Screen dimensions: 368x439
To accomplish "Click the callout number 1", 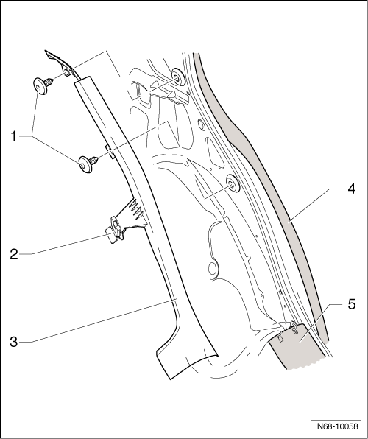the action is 14,136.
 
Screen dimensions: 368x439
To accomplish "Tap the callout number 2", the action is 14,254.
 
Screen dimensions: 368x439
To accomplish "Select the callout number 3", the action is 14,342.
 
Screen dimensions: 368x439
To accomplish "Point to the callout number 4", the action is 351,189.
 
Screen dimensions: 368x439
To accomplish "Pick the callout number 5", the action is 352,304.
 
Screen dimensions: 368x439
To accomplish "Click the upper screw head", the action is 39,86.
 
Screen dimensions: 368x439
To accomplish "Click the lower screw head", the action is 85,165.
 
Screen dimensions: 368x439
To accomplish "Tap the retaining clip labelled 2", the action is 115,229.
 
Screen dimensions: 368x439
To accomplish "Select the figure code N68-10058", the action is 338,426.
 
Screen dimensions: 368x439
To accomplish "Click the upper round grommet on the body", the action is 178,77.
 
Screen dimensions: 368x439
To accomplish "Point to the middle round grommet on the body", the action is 233,183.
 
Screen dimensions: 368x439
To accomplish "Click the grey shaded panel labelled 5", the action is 297,347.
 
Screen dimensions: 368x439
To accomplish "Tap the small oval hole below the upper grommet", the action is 201,124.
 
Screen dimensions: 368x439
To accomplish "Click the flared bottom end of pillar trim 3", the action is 186,361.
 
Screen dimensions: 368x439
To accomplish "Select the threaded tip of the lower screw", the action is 95,160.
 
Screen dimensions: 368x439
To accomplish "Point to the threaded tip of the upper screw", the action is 49,81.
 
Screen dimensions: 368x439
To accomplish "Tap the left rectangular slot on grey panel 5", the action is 280,338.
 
